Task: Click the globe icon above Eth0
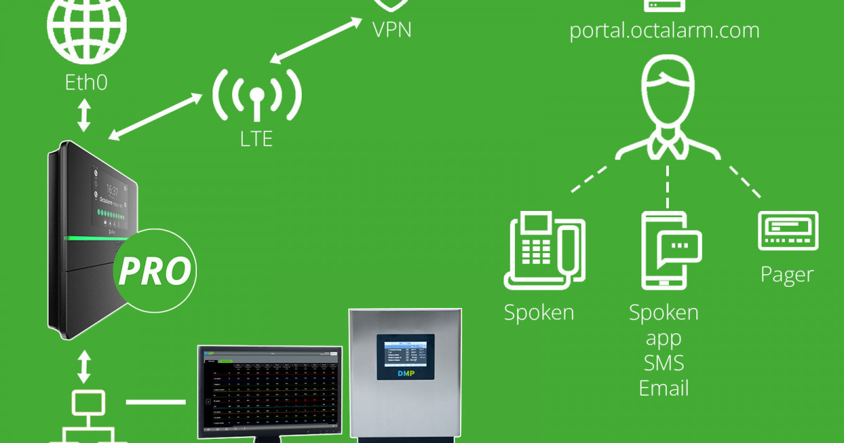(87, 28)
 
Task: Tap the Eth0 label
(87, 82)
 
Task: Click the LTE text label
(256, 139)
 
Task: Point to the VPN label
(392, 30)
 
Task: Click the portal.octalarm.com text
(664, 31)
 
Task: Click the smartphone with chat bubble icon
(670, 250)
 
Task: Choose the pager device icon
(788, 231)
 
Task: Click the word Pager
(788, 274)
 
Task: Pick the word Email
(664, 388)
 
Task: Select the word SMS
(664, 363)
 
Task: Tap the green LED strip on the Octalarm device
(91, 239)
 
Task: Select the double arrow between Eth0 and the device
(84, 115)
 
